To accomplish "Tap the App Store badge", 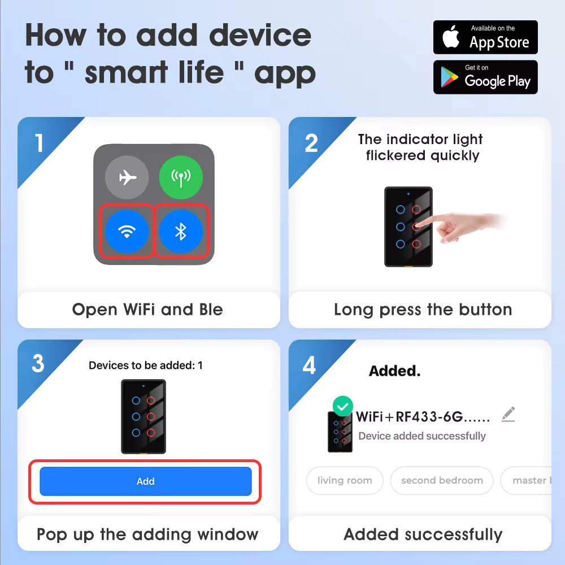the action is (x=485, y=37).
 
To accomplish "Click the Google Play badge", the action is (x=485, y=77).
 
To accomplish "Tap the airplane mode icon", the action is (x=127, y=177).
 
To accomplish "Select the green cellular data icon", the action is (x=181, y=177).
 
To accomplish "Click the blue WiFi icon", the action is (x=127, y=231).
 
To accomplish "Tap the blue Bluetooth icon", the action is (x=181, y=231).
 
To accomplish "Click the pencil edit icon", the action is (x=508, y=414).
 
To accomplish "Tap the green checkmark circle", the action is (x=343, y=406).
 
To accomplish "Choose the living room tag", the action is (x=345, y=480).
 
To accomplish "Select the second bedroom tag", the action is (x=442, y=480).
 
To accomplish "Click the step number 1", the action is (x=39, y=143).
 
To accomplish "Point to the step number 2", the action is (x=311, y=143).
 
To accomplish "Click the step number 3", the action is (x=38, y=363).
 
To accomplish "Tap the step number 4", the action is (x=309, y=365).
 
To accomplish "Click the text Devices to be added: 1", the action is (x=146, y=366).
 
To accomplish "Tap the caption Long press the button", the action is (x=423, y=310).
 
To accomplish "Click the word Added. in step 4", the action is (x=395, y=371).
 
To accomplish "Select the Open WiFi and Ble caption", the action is (x=147, y=310).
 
